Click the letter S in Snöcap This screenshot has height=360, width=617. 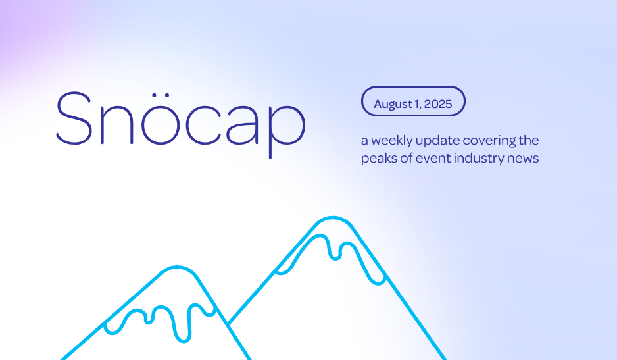tap(74, 118)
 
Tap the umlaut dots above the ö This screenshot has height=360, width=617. tap(160, 95)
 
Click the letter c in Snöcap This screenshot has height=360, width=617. tap(203, 125)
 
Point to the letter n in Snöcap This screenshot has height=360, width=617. tap(117, 125)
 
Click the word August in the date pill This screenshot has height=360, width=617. tap(392, 104)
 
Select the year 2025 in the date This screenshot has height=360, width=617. tap(438, 103)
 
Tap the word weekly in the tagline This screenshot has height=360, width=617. tap(392, 141)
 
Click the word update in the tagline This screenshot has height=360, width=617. tap(437, 141)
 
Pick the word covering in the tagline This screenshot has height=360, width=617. tap(489, 141)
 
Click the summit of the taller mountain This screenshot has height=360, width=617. tap(333, 217)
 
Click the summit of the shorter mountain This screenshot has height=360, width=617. tap(177, 267)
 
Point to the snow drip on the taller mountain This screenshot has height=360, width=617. tap(335, 248)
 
